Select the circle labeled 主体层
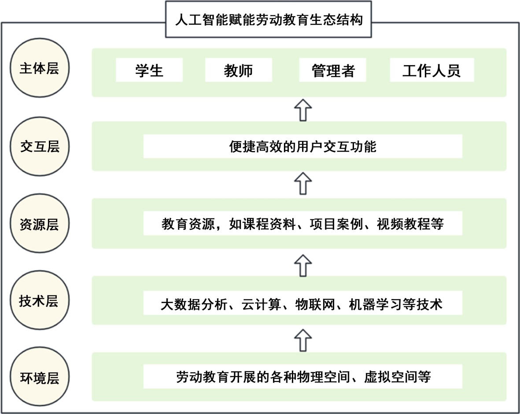click(x=39, y=69)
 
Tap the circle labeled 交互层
click(x=39, y=147)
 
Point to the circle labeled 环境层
click(x=39, y=378)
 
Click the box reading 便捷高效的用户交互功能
click(x=302, y=146)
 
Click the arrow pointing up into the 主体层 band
click(x=302, y=109)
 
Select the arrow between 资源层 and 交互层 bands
click(x=302, y=183)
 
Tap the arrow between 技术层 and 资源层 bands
click(x=302, y=262)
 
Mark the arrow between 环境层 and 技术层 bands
click(x=302, y=339)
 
